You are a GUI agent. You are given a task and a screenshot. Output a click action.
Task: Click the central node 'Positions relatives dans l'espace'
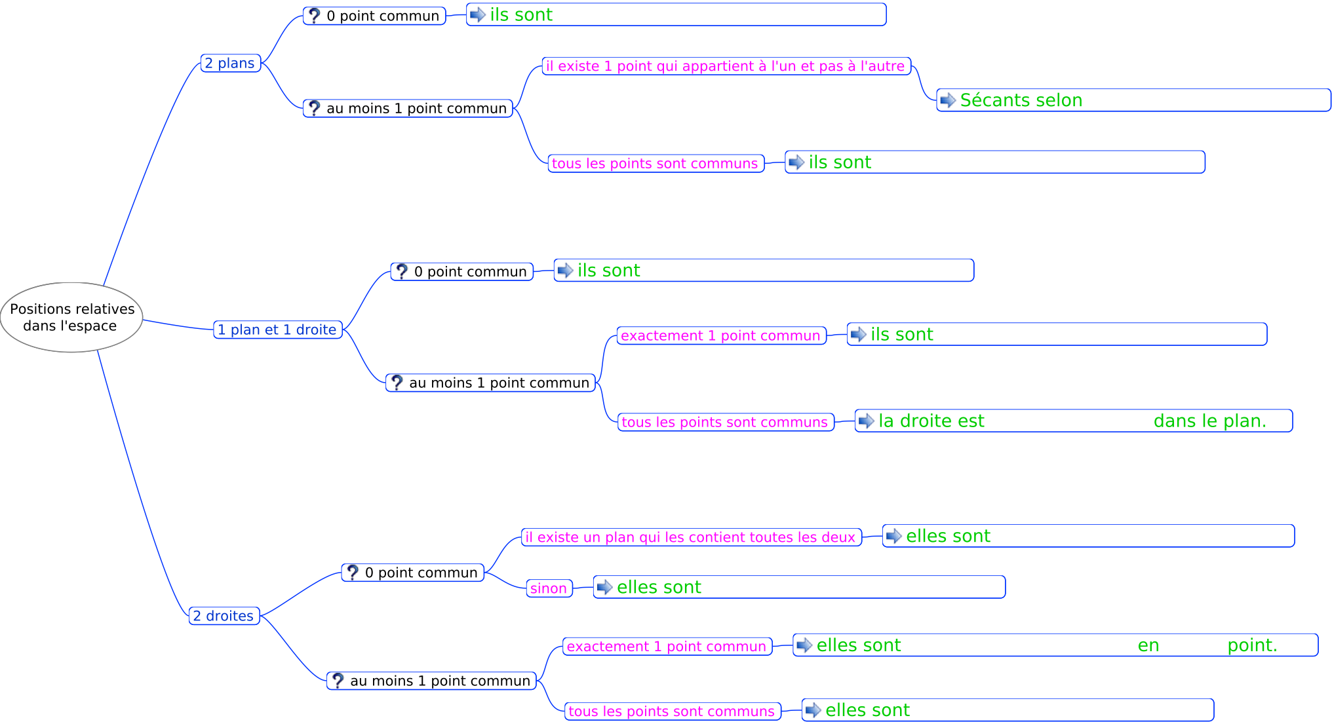point(71,317)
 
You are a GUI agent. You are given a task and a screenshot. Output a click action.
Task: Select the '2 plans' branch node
point(231,63)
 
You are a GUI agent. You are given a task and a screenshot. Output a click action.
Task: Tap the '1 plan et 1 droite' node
point(278,330)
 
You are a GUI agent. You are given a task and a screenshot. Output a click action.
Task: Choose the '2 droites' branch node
point(224,616)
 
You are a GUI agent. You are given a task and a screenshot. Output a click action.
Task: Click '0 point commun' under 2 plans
point(374,16)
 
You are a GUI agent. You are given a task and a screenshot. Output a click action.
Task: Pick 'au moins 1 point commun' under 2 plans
point(408,108)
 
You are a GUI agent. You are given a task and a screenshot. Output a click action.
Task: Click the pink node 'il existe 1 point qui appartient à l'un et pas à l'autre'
point(726,66)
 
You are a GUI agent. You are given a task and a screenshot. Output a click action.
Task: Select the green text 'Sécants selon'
point(1021,100)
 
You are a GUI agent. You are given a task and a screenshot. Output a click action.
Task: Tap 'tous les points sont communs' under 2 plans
point(656,163)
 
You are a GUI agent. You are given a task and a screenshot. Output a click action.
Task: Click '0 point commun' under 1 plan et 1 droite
point(462,271)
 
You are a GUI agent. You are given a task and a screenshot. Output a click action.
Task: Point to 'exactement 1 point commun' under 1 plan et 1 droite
point(721,335)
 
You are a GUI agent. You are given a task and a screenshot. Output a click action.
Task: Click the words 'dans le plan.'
point(1210,421)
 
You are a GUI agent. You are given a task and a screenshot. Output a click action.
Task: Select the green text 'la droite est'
point(931,421)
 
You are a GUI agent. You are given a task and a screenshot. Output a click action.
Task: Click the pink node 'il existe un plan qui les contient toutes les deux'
point(691,537)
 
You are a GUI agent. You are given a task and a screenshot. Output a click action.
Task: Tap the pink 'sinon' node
point(549,588)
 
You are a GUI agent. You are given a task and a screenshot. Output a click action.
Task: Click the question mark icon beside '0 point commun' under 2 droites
point(353,573)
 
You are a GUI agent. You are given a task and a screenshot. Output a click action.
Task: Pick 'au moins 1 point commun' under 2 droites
point(431,681)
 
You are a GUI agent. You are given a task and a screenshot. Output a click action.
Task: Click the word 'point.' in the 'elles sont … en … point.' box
point(1253,645)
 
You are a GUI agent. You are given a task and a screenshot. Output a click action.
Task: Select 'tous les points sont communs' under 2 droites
point(673,711)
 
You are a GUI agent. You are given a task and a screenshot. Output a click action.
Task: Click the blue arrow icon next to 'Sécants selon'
point(948,100)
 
